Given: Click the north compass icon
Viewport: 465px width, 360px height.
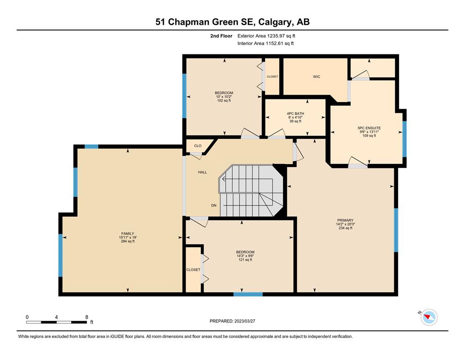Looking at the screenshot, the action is click(x=429, y=317).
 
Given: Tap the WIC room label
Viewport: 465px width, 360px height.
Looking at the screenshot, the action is click(x=317, y=76).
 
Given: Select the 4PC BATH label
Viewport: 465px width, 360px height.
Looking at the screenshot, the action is click(x=295, y=113).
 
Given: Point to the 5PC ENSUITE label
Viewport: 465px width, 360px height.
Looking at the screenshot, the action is click(x=369, y=128).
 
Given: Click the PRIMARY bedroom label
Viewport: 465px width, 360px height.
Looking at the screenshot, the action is click(x=345, y=220).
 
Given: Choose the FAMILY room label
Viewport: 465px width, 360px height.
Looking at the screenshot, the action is click(x=127, y=233).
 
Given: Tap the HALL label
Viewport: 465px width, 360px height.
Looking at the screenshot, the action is click(x=203, y=172).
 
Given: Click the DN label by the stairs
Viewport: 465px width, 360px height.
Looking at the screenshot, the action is click(x=214, y=205).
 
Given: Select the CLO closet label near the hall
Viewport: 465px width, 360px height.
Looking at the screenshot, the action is click(x=198, y=146).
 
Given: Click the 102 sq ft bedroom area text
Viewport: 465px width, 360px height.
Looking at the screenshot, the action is click(x=224, y=101).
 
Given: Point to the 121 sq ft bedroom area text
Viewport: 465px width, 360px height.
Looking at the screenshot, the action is click(x=245, y=260).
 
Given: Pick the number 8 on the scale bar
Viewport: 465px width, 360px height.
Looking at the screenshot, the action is click(x=87, y=317).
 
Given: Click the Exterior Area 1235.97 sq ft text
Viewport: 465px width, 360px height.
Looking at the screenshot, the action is click(x=266, y=36).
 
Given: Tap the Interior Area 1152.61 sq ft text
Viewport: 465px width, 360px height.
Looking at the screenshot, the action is click(x=266, y=43).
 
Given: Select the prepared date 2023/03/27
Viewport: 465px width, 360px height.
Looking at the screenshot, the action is click(x=244, y=321).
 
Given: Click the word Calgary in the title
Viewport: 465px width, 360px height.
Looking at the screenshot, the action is click(x=275, y=22).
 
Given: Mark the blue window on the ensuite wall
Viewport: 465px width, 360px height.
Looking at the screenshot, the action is click(x=405, y=139).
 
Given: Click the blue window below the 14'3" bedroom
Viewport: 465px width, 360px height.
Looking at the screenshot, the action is click(x=248, y=294).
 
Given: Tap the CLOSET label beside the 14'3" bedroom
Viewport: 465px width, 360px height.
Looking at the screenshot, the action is click(x=193, y=270).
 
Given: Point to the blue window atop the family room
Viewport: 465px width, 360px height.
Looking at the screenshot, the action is click(x=91, y=146).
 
